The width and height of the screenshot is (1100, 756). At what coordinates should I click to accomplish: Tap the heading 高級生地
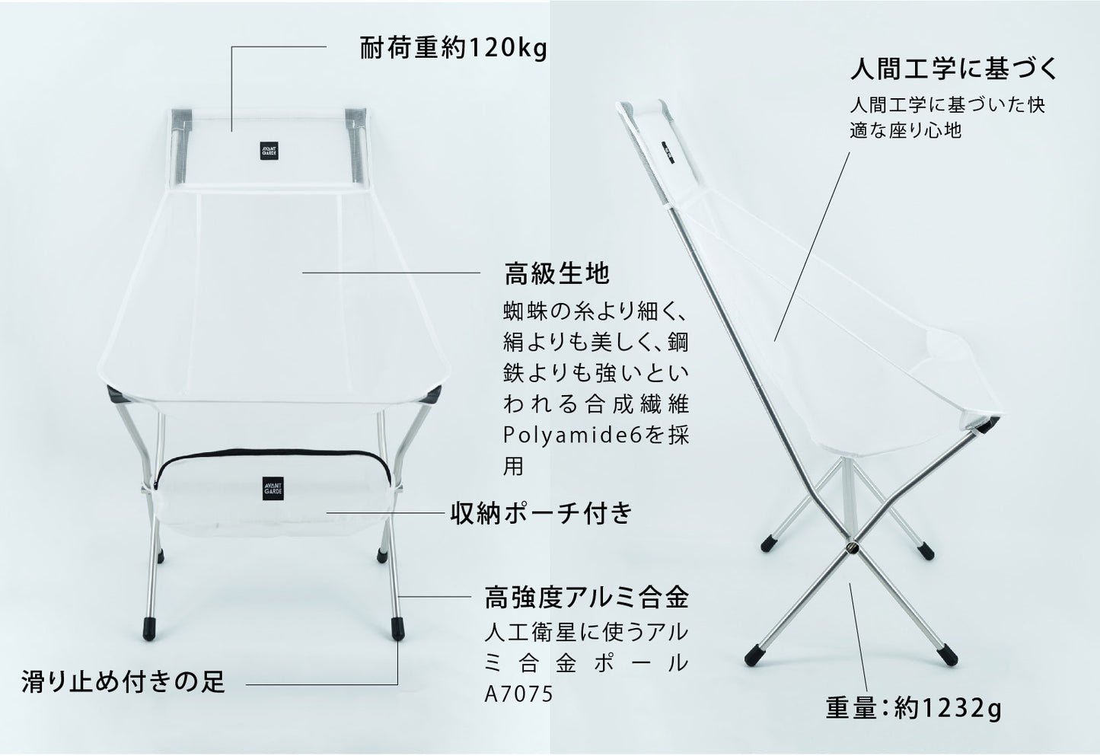(x=557, y=273)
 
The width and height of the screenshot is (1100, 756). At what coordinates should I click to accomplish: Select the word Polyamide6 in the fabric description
(x=573, y=435)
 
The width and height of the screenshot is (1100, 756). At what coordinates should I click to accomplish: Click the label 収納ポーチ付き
(x=541, y=513)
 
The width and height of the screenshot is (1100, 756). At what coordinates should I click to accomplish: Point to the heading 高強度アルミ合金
(x=587, y=598)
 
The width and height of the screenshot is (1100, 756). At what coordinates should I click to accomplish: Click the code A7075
(x=518, y=694)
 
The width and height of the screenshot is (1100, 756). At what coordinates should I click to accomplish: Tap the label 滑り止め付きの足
(x=123, y=681)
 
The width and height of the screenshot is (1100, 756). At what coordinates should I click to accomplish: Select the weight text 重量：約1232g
(x=913, y=708)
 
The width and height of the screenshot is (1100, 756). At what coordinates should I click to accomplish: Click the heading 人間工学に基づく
(x=953, y=69)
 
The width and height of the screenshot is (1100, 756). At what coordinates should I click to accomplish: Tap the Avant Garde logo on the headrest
(x=269, y=151)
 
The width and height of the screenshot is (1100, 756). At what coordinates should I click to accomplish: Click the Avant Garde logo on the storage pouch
(x=273, y=488)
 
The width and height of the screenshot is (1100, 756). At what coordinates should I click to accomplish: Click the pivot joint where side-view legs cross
(x=853, y=547)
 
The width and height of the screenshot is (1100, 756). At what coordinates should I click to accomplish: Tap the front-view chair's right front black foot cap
(x=397, y=630)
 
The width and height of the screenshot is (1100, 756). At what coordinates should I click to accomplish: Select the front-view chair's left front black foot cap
(x=149, y=630)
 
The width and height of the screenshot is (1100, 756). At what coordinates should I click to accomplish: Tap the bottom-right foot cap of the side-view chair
(x=949, y=656)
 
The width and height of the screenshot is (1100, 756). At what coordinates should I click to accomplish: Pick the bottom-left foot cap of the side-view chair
(x=754, y=656)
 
